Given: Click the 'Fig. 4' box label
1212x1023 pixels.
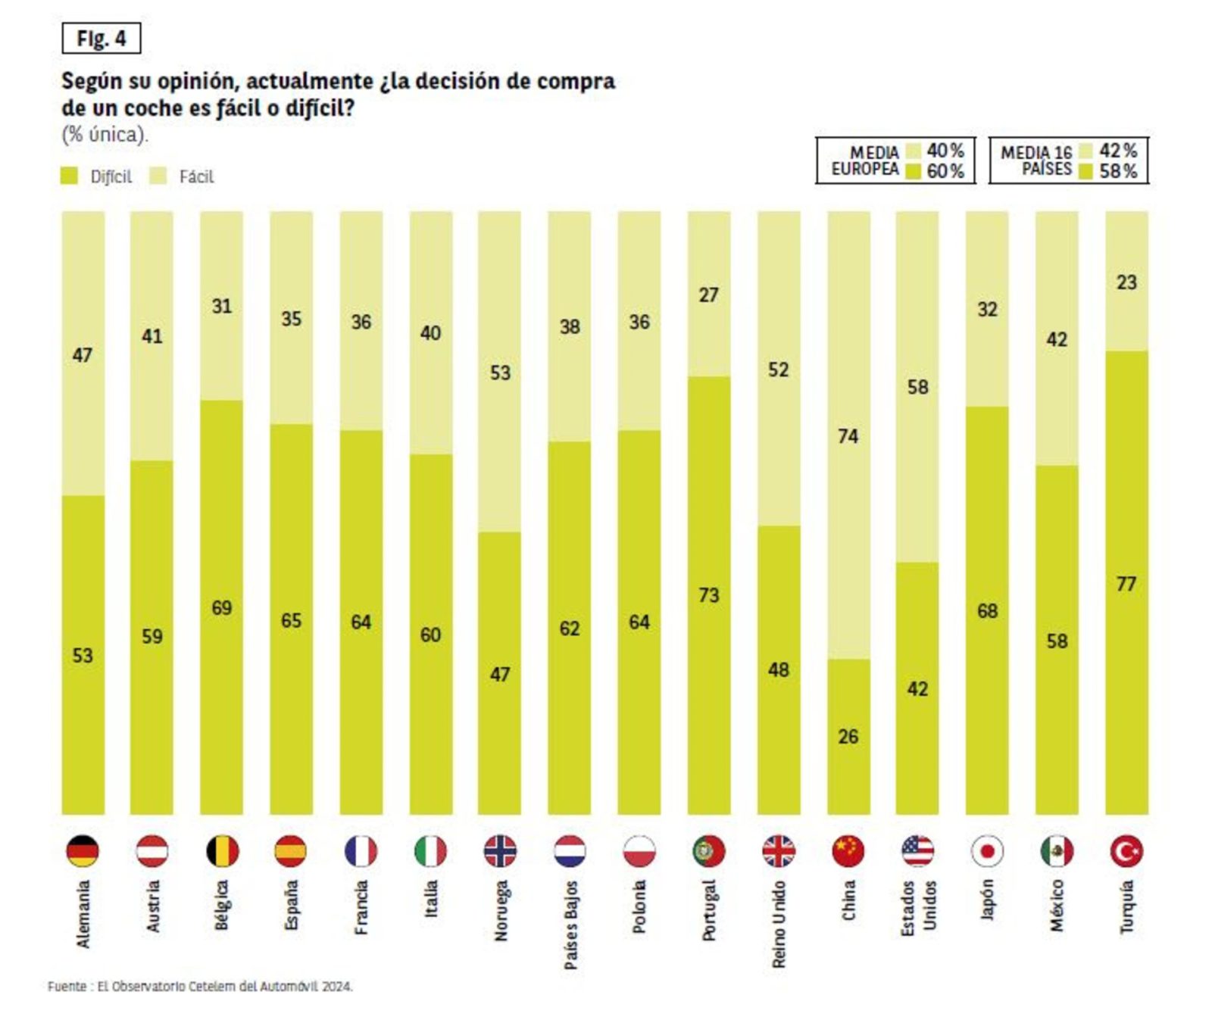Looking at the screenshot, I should click(x=101, y=39).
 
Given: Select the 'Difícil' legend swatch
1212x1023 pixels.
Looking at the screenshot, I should click(x=69, y=176).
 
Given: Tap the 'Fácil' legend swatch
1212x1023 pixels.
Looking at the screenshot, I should click(x=158, y=176).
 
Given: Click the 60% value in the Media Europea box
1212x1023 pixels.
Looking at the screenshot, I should click(x=945, y=171).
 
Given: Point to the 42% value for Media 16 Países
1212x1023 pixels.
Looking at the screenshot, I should click(x=1118, y=151).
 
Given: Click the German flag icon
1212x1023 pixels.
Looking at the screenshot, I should click(x=83, y=851).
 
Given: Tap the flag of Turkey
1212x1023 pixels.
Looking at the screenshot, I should click(x=1126, y=851).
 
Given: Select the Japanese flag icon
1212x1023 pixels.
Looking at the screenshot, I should click(x=987, y=851).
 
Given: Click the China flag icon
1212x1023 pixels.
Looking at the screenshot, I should click(x=848, y=851).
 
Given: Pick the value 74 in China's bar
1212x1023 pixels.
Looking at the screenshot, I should click(x=848, y=436).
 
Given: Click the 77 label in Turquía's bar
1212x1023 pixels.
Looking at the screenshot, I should click(x=1126, y=584).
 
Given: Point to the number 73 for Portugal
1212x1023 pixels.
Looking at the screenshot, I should click(x=708, y=595).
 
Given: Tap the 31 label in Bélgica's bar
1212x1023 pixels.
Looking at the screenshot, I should click(x=221, y=306).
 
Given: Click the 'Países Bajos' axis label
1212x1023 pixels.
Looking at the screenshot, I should click(x=570, y=924).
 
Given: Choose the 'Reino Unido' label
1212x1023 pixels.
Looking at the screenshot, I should click(x=779, y=924).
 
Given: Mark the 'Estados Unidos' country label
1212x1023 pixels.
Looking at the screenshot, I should click(x=918, y=908).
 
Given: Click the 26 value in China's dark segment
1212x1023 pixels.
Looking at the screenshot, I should click(x=848, y=736).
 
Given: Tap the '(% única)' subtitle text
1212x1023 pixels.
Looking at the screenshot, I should click(x=105, y=135).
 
